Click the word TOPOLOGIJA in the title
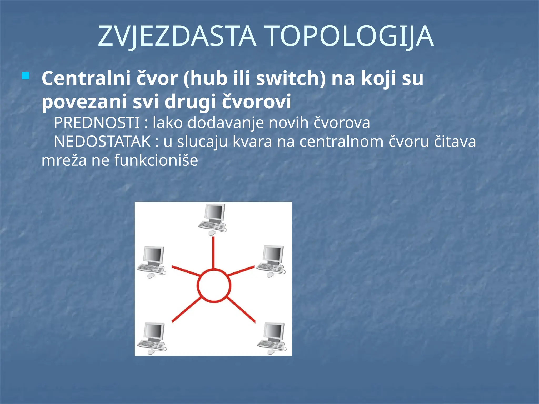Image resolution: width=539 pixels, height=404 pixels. [350, 36]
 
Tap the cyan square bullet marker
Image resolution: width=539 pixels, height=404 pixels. [26, 76]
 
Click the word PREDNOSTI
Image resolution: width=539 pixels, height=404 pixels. [97, 123]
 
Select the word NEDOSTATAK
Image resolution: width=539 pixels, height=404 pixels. [102, 142]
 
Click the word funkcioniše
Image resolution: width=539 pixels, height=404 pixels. [156, 160]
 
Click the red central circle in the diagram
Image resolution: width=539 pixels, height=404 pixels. [214, 286]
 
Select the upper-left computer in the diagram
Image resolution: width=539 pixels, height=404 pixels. [152, 262]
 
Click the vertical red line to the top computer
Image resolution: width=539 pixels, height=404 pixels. [213, 252]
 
